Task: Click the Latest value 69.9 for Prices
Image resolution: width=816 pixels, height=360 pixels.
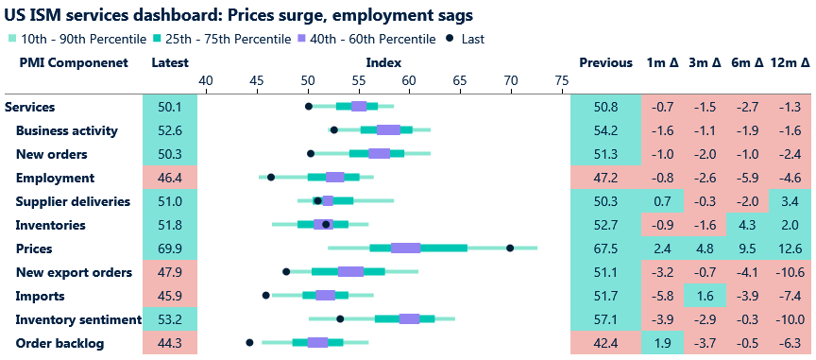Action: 170,249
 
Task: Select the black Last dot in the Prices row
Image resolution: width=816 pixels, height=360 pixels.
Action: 510,248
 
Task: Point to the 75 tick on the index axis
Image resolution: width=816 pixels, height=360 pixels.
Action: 562,83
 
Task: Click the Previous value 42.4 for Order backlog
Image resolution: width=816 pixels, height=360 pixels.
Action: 605,343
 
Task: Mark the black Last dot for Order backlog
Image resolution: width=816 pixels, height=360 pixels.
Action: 249,342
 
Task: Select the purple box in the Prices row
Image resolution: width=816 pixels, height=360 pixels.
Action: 406,248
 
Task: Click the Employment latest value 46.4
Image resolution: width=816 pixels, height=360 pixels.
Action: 170,178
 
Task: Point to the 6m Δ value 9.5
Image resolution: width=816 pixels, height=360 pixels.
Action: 747,249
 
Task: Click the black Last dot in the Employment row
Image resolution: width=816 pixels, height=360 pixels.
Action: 271,177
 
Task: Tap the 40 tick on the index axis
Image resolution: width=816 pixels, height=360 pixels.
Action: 205,83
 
